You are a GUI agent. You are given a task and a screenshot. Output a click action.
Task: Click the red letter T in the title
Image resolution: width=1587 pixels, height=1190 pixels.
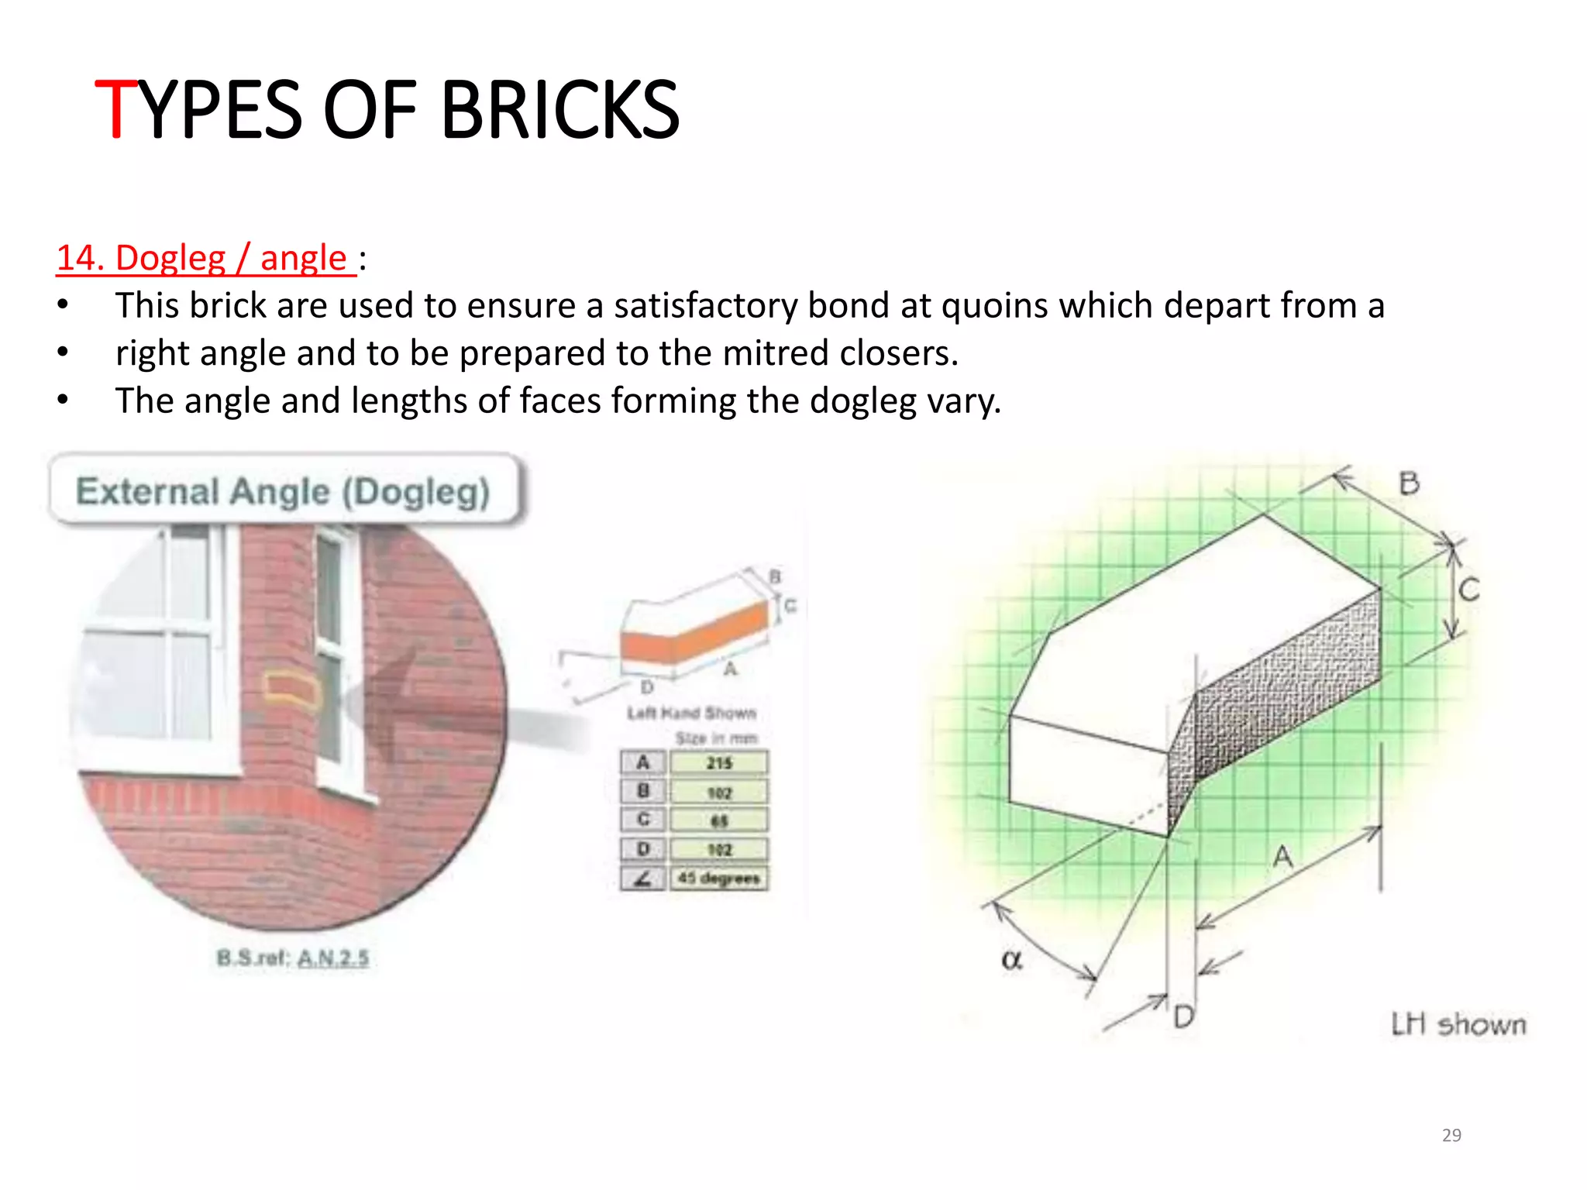pos(116,110)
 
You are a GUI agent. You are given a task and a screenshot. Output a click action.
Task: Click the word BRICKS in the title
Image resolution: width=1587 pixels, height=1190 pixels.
pos(559,110)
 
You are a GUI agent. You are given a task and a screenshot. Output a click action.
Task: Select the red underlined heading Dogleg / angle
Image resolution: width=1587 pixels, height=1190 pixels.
pos(205,258)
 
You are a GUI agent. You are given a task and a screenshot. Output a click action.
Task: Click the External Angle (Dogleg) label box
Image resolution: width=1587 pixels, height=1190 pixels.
pos(284,491)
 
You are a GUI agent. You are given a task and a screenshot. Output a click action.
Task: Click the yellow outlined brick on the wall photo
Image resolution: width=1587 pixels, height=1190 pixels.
pos(292,690)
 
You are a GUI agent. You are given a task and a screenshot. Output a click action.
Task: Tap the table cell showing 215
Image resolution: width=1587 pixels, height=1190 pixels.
pos(719,763)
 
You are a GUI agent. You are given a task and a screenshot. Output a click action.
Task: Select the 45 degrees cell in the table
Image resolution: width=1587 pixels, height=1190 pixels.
pos(719,879)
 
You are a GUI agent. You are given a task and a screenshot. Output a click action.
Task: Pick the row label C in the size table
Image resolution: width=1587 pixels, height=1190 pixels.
pos(642,820)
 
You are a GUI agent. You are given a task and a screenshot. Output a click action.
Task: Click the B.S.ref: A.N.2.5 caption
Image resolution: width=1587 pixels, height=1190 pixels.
pos(293,958)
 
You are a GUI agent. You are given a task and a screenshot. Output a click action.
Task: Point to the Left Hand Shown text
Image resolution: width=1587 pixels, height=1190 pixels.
pos(691,713)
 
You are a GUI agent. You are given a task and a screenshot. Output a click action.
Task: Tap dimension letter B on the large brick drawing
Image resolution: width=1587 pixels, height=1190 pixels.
pos(1409,483)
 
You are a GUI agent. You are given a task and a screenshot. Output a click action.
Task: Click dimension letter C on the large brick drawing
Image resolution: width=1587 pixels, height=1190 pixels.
pos(1469,590)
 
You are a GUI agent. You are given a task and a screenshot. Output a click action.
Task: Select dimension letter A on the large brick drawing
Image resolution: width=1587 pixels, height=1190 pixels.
pos(1283,857)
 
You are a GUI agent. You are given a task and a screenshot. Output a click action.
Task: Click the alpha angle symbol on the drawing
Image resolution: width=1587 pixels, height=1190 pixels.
pos(1012,960)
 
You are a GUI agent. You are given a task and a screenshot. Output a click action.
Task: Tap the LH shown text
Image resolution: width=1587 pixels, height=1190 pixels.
pos(1458,1024)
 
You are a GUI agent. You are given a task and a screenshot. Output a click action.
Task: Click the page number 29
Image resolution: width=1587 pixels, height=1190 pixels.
pos(1451,1135)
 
